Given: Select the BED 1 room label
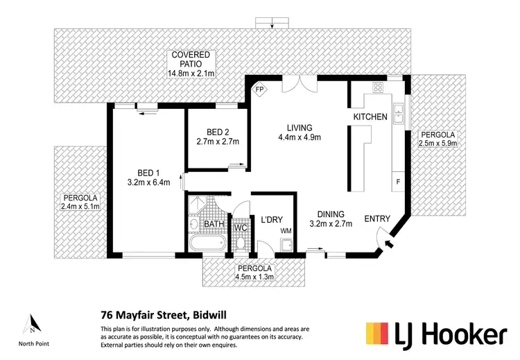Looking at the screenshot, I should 148,173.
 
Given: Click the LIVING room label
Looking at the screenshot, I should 300,128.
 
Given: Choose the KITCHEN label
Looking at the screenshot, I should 370,117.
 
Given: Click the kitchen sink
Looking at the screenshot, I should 399,112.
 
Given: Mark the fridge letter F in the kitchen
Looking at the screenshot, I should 398,182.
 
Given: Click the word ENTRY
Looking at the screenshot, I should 377,218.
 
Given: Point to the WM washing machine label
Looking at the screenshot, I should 286,230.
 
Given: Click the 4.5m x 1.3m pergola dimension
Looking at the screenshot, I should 254,277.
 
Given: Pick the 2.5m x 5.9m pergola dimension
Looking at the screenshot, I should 435,143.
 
